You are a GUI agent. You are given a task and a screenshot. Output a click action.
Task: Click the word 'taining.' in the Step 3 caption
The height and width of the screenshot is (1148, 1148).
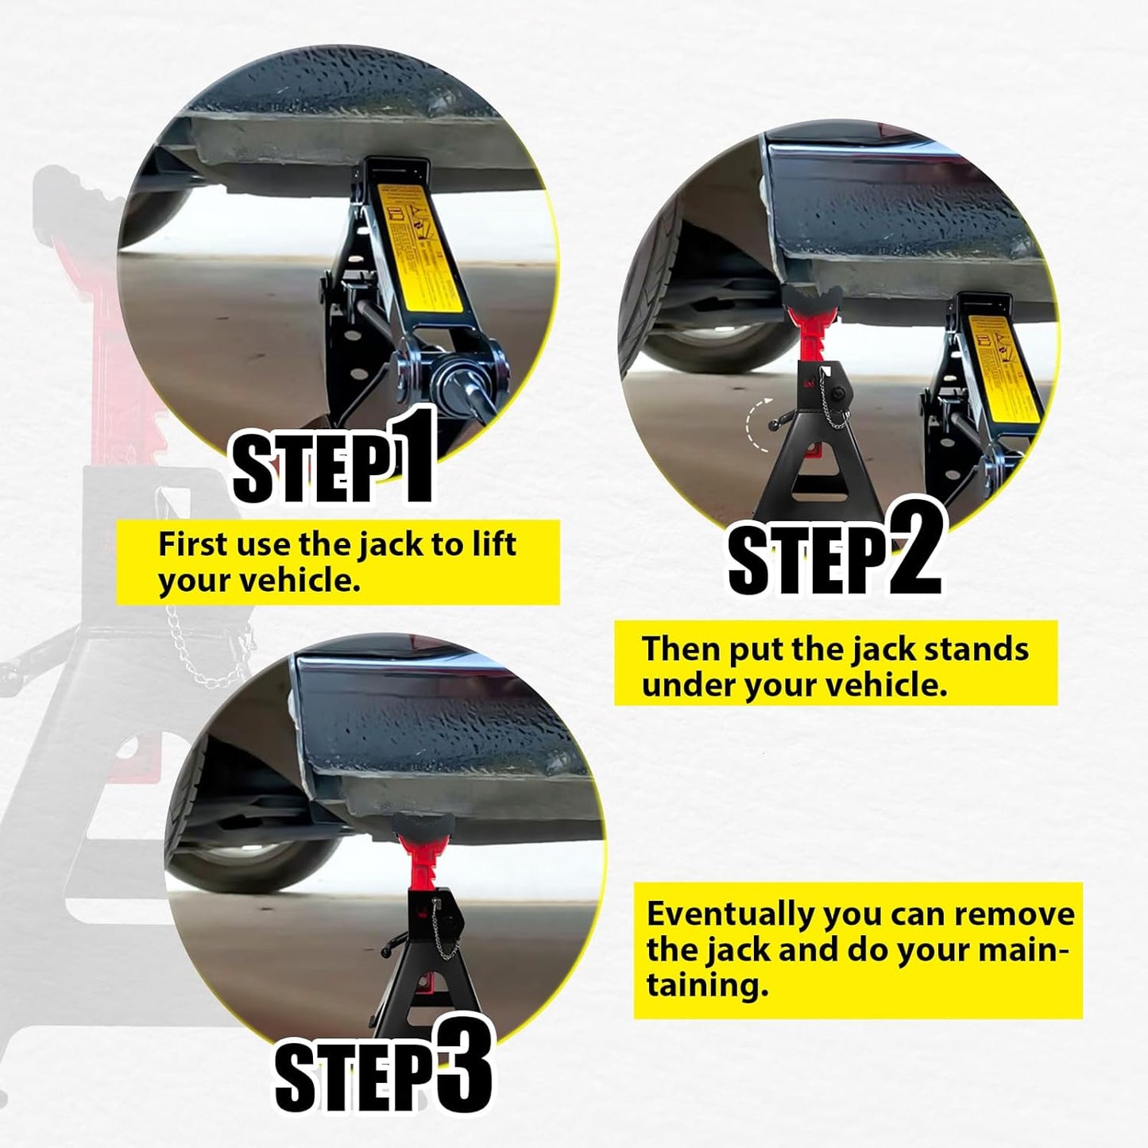point(707,986)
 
